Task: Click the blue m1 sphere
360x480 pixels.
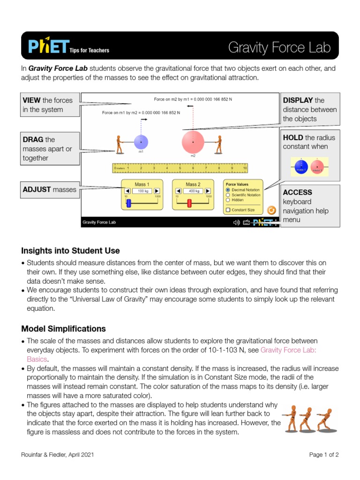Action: tap(141, 142)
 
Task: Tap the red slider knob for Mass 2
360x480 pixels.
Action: tap(189, 203)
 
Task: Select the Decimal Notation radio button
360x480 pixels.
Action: tap(228, 190)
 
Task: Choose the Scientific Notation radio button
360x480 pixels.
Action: tap(228, 195)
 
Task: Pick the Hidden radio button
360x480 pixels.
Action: tap(228, 200)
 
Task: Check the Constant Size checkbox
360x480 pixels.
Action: tap(228, 210)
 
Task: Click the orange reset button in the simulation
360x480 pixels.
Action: tap(270, 210)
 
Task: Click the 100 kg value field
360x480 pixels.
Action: tap(142, 191)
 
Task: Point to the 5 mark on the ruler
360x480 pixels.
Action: tap(180, 167)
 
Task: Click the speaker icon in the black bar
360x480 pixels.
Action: tap(236, 223)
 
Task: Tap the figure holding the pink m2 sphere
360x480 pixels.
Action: tap(218, 144)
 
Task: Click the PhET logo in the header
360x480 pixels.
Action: tap(48, 46)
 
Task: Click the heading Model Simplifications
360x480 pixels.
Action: tap(64, 329)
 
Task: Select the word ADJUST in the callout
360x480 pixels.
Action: tap(37, 190)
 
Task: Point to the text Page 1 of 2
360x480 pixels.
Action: tap(324, 454)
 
